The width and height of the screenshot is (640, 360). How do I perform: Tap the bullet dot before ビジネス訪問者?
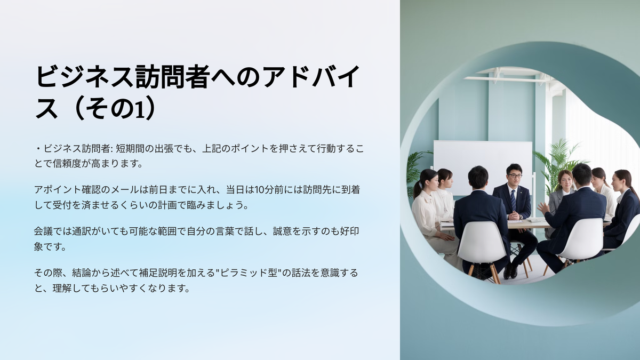coord(38,149)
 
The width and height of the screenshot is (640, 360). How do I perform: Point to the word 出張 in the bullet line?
coord(164,149)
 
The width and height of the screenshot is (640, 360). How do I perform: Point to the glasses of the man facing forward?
coord(515,175)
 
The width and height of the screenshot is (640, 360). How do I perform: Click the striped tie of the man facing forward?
coord(513,200)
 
